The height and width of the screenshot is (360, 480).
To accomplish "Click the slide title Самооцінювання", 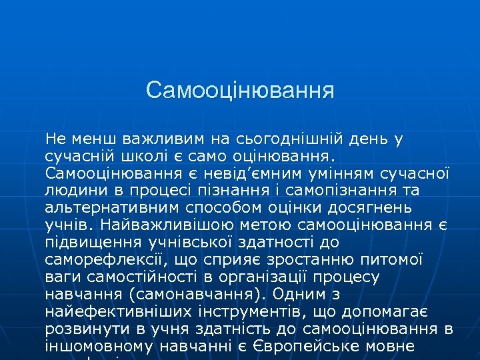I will click(x=240, y=89).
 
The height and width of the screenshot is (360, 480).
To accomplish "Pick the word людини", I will click(x=73, y=191).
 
